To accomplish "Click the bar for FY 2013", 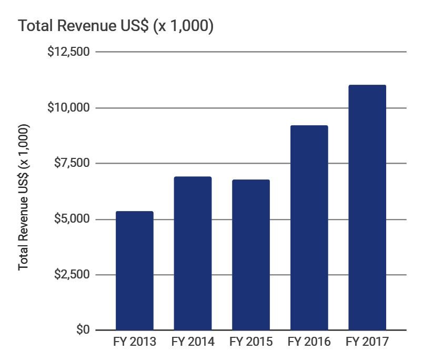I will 134,271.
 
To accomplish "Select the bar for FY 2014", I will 193,253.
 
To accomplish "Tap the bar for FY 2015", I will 250,255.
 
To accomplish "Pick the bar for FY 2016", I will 309,227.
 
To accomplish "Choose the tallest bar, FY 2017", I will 367,207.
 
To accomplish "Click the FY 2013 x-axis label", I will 135,342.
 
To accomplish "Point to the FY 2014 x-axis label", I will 193,342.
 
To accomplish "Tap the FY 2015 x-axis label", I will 251,342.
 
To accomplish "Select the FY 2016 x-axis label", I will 309,342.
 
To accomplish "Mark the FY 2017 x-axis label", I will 367,342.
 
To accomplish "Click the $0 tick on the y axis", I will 83,330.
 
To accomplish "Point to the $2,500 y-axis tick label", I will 72,274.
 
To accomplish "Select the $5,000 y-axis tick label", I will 72,218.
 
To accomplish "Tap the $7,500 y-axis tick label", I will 72,163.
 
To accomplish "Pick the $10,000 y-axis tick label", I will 68,107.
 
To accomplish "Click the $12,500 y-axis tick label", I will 68,52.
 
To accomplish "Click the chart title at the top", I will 116,26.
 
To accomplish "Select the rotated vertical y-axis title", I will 24,197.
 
